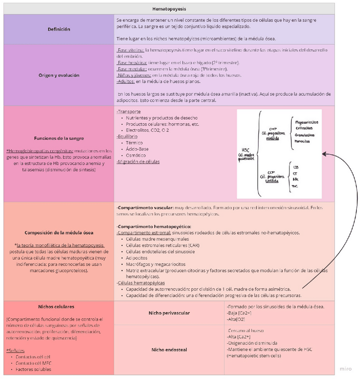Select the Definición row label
pos(59,29)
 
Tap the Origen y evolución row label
pos(59,75)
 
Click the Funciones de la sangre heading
pos(59,138)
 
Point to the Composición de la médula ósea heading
pos(59,232)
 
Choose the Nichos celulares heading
pos(59,307)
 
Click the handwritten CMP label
pos(273,129)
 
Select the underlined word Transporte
pos(129,111)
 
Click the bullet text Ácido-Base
pos(137,149)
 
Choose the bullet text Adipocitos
pos(138,258)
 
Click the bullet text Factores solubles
pos(33,369)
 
